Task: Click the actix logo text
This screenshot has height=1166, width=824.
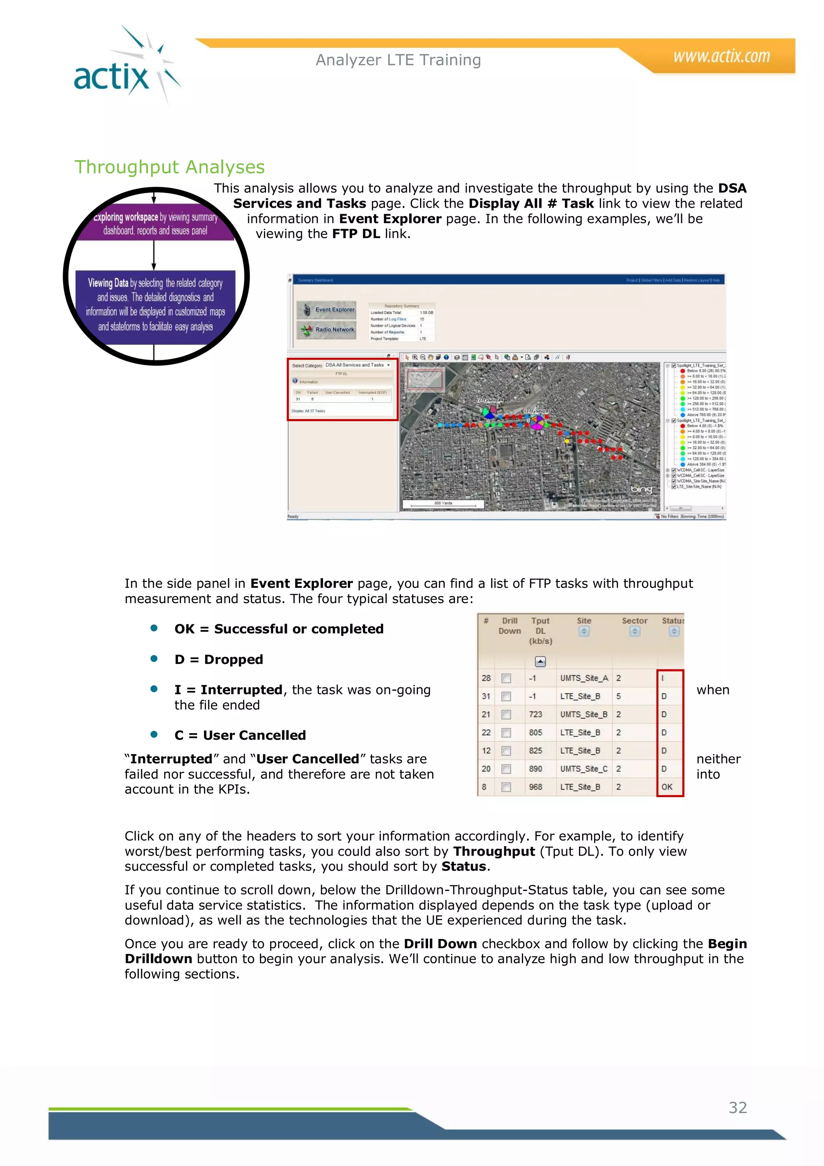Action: coord(111,78)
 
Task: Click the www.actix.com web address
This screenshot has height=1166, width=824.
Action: coord(721,56)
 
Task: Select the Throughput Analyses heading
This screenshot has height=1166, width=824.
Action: coord(169,167)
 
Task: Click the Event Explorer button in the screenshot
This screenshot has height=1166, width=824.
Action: coord(327,310)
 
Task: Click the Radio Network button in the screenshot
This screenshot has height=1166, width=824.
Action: coord(327,330)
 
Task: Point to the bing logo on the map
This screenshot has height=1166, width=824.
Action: coord(641,489)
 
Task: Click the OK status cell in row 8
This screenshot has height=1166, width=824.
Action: coord(667,787)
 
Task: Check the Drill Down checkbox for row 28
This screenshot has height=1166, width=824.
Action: coord(506,678)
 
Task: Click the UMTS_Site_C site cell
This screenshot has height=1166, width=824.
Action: coord(583,769)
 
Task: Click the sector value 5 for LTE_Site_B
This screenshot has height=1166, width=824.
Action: coord(618,696)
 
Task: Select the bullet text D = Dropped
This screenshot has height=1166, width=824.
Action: coord(219,659)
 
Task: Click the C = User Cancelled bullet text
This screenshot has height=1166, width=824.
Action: coord(240,735)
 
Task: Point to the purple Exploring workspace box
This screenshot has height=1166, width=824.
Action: coord(155,223)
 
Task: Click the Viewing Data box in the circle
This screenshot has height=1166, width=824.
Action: coord(155,305)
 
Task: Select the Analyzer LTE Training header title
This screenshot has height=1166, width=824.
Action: coord(398,60)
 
